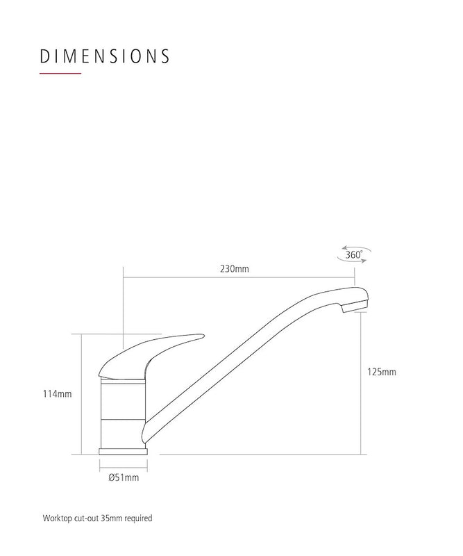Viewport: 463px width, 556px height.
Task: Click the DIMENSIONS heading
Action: click(x=105, y=56)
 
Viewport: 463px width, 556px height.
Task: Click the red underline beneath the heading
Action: click(x=61, y=74)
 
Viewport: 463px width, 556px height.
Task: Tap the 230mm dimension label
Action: click(x=234, y=269)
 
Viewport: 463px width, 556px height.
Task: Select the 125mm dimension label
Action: click(x=382, y=372)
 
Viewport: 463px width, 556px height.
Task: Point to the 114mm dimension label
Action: click(x=58, y=394)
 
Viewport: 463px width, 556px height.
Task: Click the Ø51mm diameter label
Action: click(x=124, y=477)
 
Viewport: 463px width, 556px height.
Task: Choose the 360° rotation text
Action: click(x=353, y=255)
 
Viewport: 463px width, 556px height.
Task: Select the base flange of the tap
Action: click(x=124, y=451)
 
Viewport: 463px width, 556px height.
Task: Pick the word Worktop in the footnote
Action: click(x=55, y=518)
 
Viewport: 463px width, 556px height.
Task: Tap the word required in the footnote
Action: click(x=138, y=518)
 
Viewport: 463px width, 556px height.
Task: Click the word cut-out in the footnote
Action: click(x=84, y=518)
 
